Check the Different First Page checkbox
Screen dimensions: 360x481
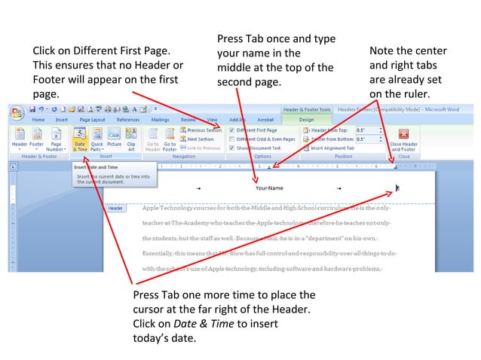(x=231, y=130)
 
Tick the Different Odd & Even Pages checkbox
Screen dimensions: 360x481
(x=231, y=139)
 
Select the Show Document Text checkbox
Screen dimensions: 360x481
(x=231, y=148)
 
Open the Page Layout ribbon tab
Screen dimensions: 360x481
(x=92, y=119)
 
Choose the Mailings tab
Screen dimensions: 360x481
(x=160, y=119)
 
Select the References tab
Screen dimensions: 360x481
(x=127, y=119)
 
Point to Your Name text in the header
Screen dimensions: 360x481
(x=269, y=188)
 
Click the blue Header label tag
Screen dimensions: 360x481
(x=115, y=207)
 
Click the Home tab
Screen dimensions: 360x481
(x=38, y=119)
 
